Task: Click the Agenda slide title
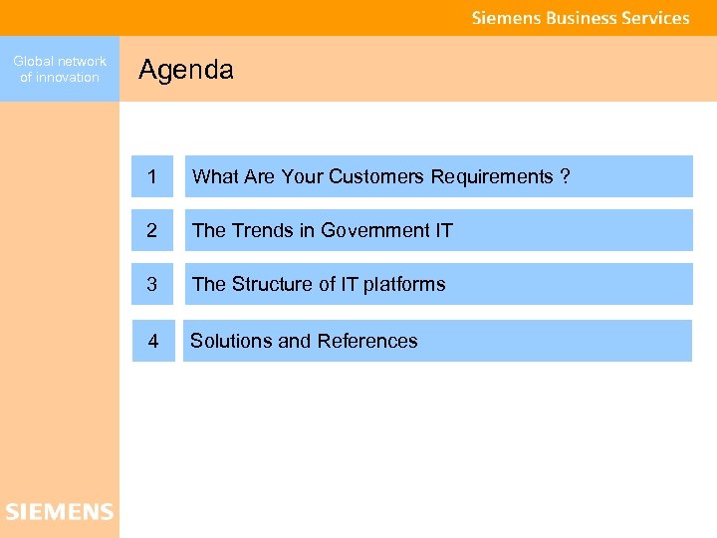pyautogui.click(x=186, y=70)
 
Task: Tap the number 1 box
pyautogui.click(x=151, y=176)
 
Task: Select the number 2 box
pyautogui.click(x=151, y=230)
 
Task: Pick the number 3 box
pyautogui.click(x=151, y=284)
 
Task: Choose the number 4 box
pyautogui.click(x=153, y=341)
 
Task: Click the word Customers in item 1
pyautogui.click(x=376, y=176)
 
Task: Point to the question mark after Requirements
pyautogui.click(x=566, y=176)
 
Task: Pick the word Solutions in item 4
pyautogui.click(x=231, y=341)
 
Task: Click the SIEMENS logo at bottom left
pyautogui.click(x=60, y=512)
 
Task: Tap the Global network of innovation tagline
pyautogui.click(x=60, y=69)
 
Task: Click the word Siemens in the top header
pyautogui.click(x=506, y=18)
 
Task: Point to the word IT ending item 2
pyautogui.click(x=444, y=230)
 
